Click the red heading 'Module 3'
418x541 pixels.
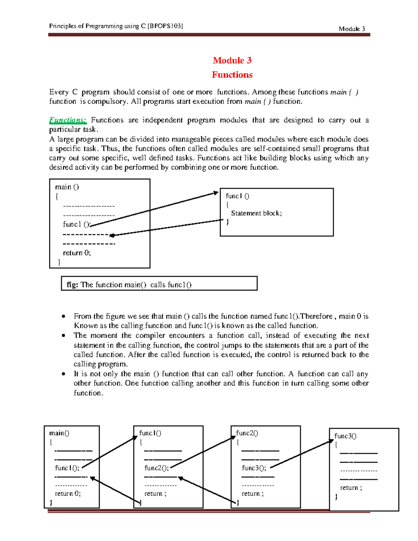click(x=232, y=60)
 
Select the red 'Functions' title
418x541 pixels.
click(x=232, y=75)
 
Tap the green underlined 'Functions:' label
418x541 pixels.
click(x=68, y=120)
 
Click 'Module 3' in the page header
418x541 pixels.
click(x=352, y=29)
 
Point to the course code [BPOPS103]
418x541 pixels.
click(x=165, y=26)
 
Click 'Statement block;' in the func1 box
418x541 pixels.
click(x=256, y=213)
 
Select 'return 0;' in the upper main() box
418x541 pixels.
click(x=77, y=253)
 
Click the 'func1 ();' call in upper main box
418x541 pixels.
click(x=77, y=224)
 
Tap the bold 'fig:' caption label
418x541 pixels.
click(x=72, y=285)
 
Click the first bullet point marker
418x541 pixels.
click(x=63, y=316)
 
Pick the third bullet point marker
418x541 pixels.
click(x=63, y=374)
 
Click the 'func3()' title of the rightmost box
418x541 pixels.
click(x=345, y=436)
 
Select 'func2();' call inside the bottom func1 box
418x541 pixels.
click(x=156, y=468)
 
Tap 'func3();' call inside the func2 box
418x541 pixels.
click(x=254, y=468)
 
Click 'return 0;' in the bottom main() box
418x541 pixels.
click(x=68, y=494)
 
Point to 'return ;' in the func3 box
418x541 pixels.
click(x=351, y=488)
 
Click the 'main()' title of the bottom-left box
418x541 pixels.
click(x=59, y=433)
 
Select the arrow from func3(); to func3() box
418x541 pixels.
click(x=302, y=454)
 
